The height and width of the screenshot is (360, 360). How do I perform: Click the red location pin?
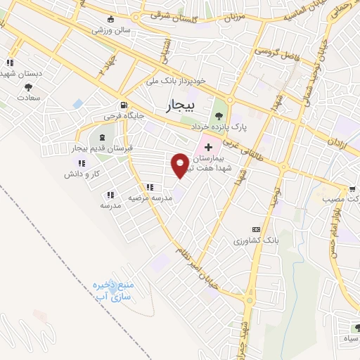[x=180, y=164]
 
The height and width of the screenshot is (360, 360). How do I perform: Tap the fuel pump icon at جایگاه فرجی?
[x=124, y=102]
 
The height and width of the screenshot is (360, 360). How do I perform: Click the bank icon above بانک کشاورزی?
[x=256, y=229]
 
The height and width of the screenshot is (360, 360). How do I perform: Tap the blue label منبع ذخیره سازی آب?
[x=115, y=290]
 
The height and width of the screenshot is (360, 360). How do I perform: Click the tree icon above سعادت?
[x=29, y=88]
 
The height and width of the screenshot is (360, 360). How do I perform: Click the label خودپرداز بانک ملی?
[x=176, y=81]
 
